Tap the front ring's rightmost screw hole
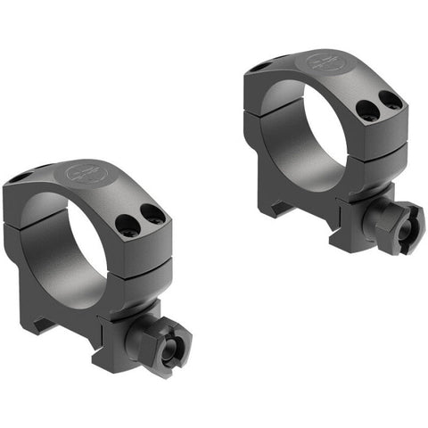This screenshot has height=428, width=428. (152, 214)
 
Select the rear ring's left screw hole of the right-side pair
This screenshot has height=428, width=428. (365, 109)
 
